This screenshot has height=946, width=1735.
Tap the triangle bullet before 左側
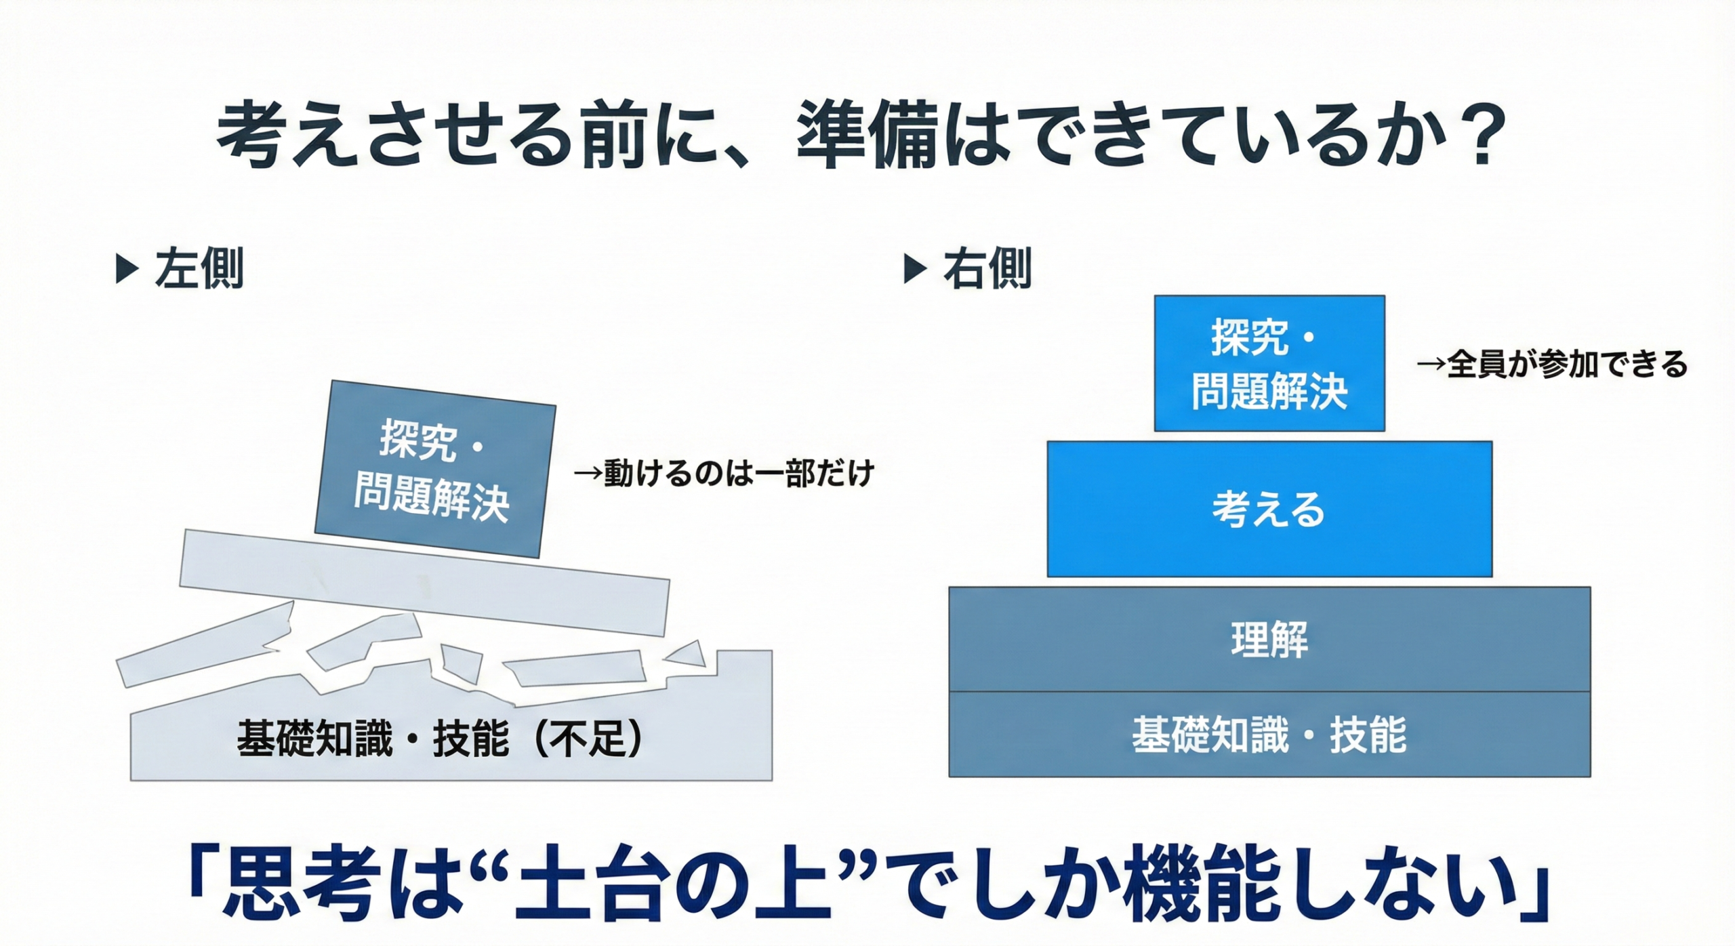[127, 269]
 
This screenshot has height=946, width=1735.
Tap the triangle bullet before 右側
[916, 269]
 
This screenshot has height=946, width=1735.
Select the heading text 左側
[199, 269]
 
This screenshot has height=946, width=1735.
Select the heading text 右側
[987, 269]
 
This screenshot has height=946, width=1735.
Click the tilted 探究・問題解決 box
[435, 469]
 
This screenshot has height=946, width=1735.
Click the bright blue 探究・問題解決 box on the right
[1269, 363]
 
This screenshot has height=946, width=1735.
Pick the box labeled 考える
[1269, 509]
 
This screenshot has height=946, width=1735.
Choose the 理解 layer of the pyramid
[1269, 639]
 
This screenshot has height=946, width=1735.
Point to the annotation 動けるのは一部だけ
[739, 472]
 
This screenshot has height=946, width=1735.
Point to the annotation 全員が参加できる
[1567, 365]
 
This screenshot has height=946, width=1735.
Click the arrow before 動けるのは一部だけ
[588, 473]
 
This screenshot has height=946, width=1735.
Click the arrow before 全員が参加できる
[1431, 365]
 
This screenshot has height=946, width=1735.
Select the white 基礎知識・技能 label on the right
[1269, 735]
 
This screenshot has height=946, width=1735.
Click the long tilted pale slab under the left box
[424, 583]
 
